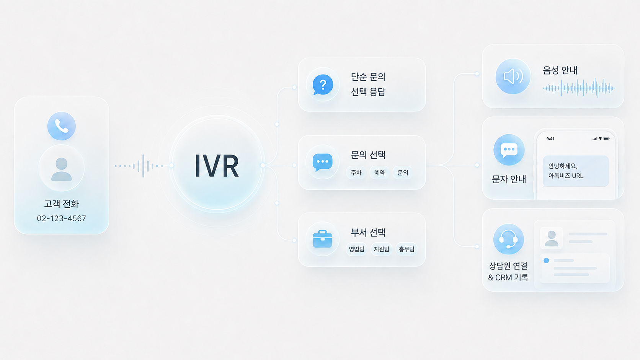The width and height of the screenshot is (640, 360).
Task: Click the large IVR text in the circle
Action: (217, 166)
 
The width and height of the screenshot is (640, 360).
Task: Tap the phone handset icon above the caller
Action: (61, 126)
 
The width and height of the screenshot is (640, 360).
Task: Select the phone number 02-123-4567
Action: (61, 218)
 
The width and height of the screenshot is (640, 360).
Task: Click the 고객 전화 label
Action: (61, 204)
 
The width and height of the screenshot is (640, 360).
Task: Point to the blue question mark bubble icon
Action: (323, 85)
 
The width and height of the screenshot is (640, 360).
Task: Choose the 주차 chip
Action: (356, 173)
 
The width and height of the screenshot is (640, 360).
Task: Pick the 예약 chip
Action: (379, 173)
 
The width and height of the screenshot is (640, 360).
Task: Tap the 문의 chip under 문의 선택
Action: (403, 173)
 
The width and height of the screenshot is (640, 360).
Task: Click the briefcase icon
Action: (323, 239)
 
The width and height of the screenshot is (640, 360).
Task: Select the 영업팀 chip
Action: (357, 249)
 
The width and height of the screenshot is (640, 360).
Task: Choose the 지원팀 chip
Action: (381, 249)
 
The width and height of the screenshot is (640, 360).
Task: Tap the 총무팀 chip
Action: (407, 249)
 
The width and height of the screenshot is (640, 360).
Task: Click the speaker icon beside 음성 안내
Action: (513, 76)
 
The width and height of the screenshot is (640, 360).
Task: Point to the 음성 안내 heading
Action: (560, 70)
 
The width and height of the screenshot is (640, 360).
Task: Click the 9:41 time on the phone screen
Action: (550, 139)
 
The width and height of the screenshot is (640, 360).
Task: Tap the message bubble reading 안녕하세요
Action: (576, 171)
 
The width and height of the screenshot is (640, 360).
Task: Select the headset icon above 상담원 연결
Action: (509, 239)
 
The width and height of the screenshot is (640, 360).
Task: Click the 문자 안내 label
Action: (509, 179)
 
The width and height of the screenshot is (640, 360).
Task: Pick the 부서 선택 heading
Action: (368, 232)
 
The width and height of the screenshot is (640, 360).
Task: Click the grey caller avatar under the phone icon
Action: (61, 169)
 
